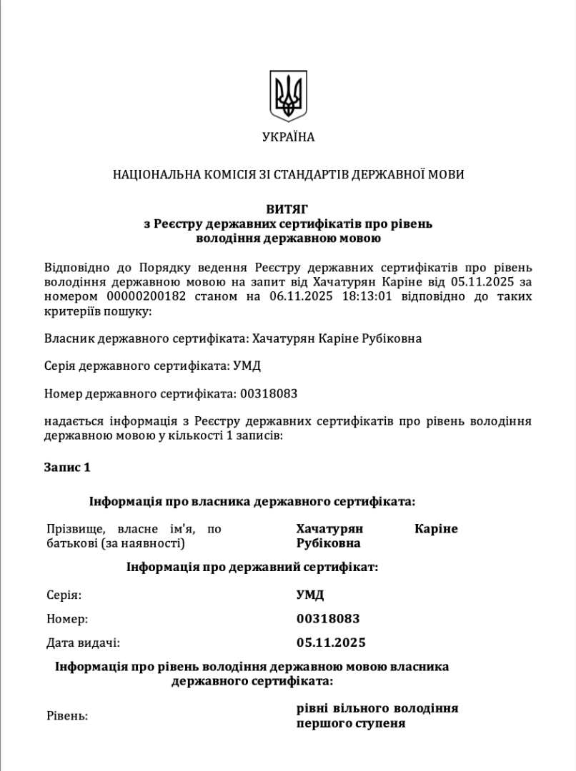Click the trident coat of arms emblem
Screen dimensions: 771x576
point(288,96)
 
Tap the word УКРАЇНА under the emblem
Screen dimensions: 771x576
point(288,137)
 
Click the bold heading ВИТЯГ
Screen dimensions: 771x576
point(287,209)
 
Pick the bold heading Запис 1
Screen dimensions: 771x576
point(67,468)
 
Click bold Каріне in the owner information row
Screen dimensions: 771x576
point(436,529)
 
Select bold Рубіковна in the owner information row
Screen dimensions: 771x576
point(328,543)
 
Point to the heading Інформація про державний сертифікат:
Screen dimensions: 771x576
point(252,568)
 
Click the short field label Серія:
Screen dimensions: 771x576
point(64,595)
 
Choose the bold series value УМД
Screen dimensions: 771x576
point(310,595)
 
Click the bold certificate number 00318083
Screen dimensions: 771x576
point(328,618)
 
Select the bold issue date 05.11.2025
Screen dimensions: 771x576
point(331,642)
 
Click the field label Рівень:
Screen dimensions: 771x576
point(67,716)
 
